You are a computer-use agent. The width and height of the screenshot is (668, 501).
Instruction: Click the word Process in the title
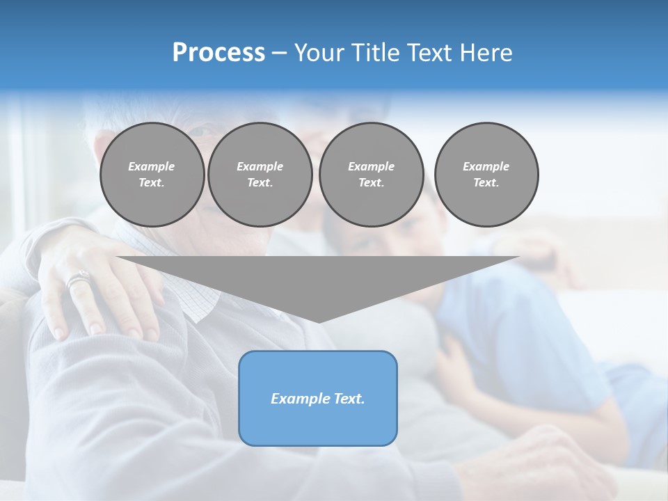(218, 53)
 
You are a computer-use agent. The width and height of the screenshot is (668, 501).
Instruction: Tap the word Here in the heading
(486, 53)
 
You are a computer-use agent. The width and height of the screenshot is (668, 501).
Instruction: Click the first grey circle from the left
(152, 175)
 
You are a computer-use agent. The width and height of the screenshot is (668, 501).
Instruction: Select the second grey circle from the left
(260, 175)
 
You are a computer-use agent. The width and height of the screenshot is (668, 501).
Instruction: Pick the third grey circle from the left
(372, 175)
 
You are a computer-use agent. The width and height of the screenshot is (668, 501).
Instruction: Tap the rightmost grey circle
(486, 175)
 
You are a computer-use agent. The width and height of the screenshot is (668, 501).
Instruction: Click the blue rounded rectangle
(318, 398)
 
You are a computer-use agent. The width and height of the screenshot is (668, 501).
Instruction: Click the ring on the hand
(78, 280)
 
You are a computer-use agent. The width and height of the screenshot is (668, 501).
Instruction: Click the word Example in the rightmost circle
(486, 166)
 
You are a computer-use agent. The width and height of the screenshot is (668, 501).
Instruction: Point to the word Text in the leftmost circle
(151, 183)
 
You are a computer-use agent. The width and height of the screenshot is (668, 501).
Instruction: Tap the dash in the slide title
(279, 53)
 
